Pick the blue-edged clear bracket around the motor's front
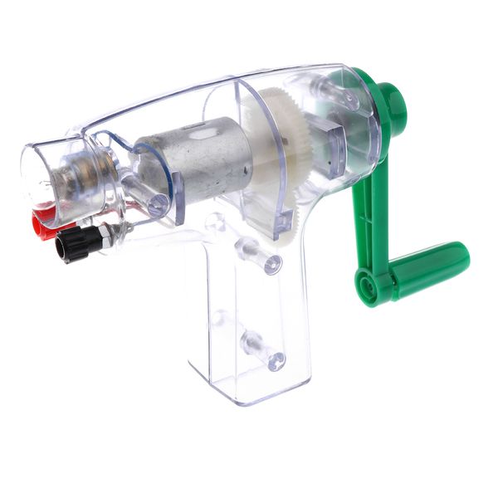[166, 178]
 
